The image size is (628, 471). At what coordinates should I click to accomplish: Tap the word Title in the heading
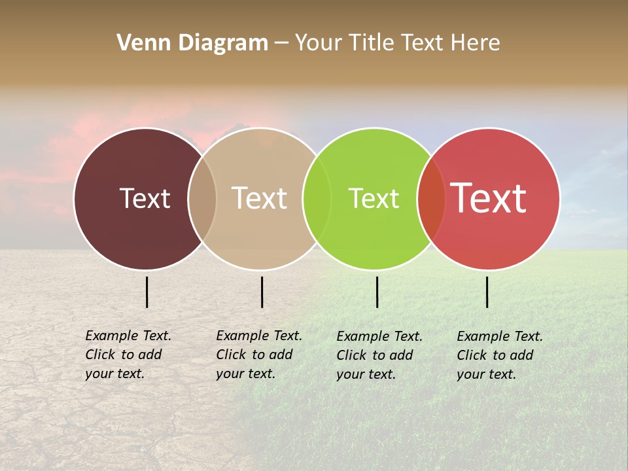click(370, 43)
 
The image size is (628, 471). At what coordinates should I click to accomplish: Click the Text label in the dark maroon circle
click(145, 198)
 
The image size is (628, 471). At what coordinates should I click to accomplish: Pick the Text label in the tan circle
click(260, 198)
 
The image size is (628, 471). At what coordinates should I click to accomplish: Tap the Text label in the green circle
click(374, 198)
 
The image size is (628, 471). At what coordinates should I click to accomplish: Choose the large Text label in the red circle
click(489, 198)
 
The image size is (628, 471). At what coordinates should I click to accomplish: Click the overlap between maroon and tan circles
click(202, 199)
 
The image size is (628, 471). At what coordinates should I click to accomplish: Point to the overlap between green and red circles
click(431, 199)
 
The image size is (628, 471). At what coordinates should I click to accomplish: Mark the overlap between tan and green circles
click(317, 199)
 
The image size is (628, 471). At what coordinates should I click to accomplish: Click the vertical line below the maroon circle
click(147, 292)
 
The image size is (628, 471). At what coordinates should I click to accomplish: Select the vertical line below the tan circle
click(262, 292)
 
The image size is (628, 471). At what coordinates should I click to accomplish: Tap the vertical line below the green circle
click(377, 292)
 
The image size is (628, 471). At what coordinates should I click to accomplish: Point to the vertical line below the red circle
click(487, 292)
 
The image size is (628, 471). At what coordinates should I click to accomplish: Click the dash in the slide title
click(281, 44)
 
